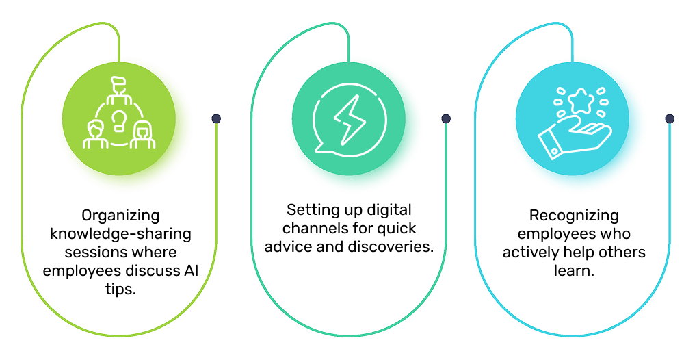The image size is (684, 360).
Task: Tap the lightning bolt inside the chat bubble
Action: [x=350, y=120]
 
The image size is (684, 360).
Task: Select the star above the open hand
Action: [x=581, y=101]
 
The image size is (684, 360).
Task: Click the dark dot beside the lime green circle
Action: [x=216, y=118]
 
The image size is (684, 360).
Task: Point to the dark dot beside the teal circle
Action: [x=446, y=118]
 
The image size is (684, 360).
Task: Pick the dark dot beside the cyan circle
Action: [x=670, y=118]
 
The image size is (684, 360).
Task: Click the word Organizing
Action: [x=120, y=216]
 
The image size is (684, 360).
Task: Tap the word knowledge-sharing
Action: [x=120, y=234]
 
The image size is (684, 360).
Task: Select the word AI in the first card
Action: [x=191, y=270]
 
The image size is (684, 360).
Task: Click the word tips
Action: [x=121, y=290]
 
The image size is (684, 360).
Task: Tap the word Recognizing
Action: [x=574, y=216]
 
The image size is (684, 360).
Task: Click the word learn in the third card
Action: [x=574, y=270]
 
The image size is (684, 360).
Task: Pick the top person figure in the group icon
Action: [x=118, y=91]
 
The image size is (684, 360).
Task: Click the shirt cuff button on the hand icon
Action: [x=555, y=151]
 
